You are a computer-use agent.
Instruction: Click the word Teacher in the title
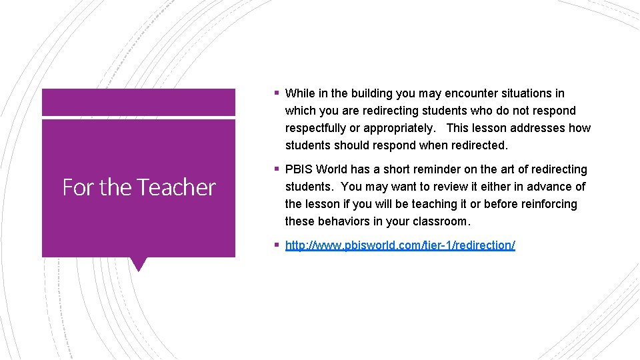pyautogui.click(x=178, y=187)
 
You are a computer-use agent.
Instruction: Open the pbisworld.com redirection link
pyautogui.click(x=400, y=245)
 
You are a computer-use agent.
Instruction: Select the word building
pyautogui.click(x=368, y=93)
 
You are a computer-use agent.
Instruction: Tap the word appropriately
pyautogui.click(x=397, y=128)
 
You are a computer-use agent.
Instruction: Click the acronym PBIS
pyautogui.click(x=299, y=169)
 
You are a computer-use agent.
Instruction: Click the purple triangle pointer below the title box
pyautogui.click(x=139, y=264)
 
